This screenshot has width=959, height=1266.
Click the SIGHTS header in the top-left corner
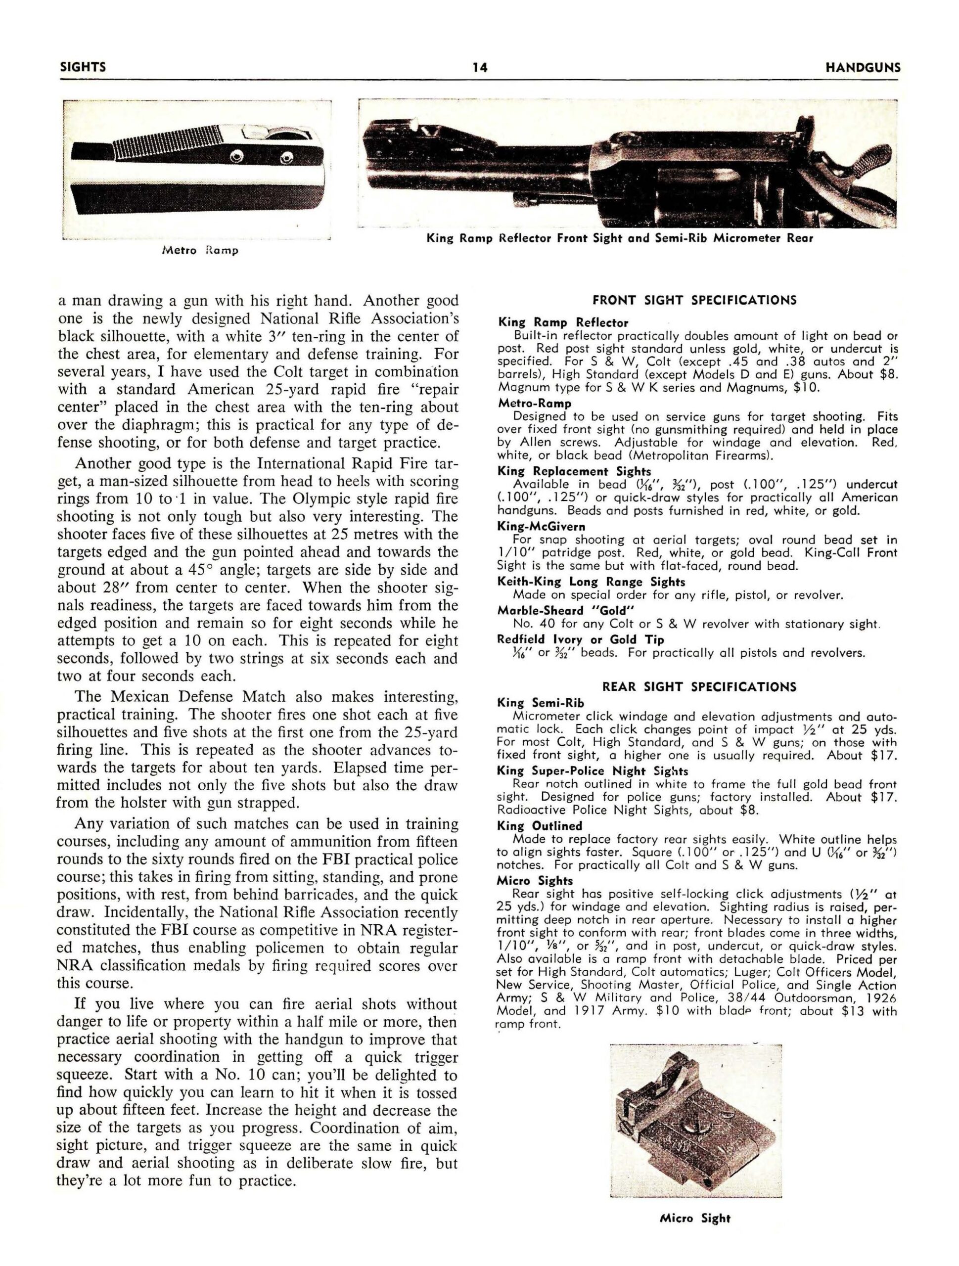point(83,67)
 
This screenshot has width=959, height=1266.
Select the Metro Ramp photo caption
point(200,251)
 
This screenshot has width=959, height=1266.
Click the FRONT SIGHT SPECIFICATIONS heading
point(694,301)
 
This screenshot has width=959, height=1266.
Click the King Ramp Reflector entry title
point(563,323)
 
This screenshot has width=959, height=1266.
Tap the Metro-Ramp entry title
point(535,404)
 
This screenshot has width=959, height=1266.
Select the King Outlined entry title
point(540,826)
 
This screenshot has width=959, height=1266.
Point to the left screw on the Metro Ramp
point(235,156)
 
